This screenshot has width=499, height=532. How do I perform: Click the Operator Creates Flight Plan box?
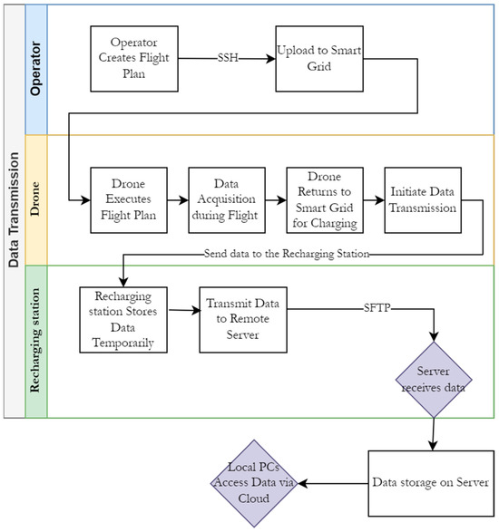point(134,59)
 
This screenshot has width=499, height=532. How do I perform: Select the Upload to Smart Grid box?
point(319,59)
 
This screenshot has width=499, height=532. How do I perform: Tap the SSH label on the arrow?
point(228,58)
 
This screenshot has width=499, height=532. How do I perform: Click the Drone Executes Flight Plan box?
point(129,200)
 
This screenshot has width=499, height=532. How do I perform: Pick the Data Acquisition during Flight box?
point(227,200)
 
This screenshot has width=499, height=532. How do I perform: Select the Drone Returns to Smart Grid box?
point(325,200)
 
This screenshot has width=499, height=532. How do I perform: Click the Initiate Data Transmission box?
point(423,200)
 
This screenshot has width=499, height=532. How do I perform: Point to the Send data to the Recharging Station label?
point(287,254)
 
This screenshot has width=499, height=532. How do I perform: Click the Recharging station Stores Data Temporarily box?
point(123,320)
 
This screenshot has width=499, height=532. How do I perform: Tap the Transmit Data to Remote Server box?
point(243,320)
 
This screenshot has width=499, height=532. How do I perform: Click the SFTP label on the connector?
point(377,308)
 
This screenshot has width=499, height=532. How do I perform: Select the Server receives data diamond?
point(434,380)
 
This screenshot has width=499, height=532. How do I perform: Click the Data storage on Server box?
point(431,483)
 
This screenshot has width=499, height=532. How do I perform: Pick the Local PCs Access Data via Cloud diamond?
point(254,483)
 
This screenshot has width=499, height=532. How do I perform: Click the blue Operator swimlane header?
point(36,69)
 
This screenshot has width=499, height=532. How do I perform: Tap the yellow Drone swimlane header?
point(36,200)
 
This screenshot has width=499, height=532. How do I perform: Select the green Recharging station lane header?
point(36,342)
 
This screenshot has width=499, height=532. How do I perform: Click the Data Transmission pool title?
point(15,211)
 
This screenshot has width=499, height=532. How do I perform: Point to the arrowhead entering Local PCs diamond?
point(303,483)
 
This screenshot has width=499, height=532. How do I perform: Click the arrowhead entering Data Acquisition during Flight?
point(183,200)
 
